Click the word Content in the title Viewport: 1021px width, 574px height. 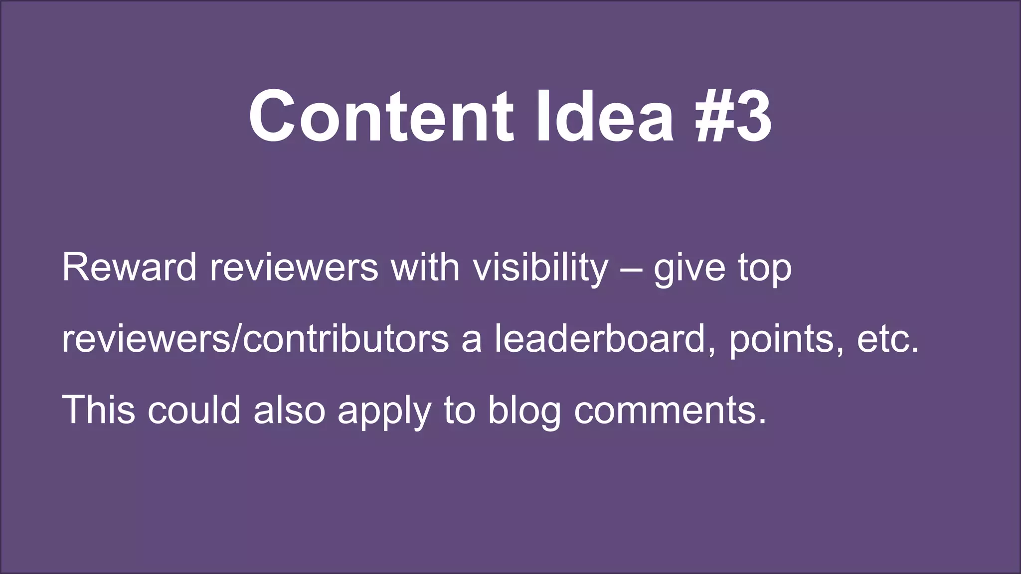[381, 117]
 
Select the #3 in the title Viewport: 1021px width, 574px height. [733, 117]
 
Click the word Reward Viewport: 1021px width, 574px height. [129, 268]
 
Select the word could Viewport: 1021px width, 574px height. [194, 410]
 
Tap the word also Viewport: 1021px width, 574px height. [289, 410]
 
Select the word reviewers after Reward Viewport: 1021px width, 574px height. [294, 268]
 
